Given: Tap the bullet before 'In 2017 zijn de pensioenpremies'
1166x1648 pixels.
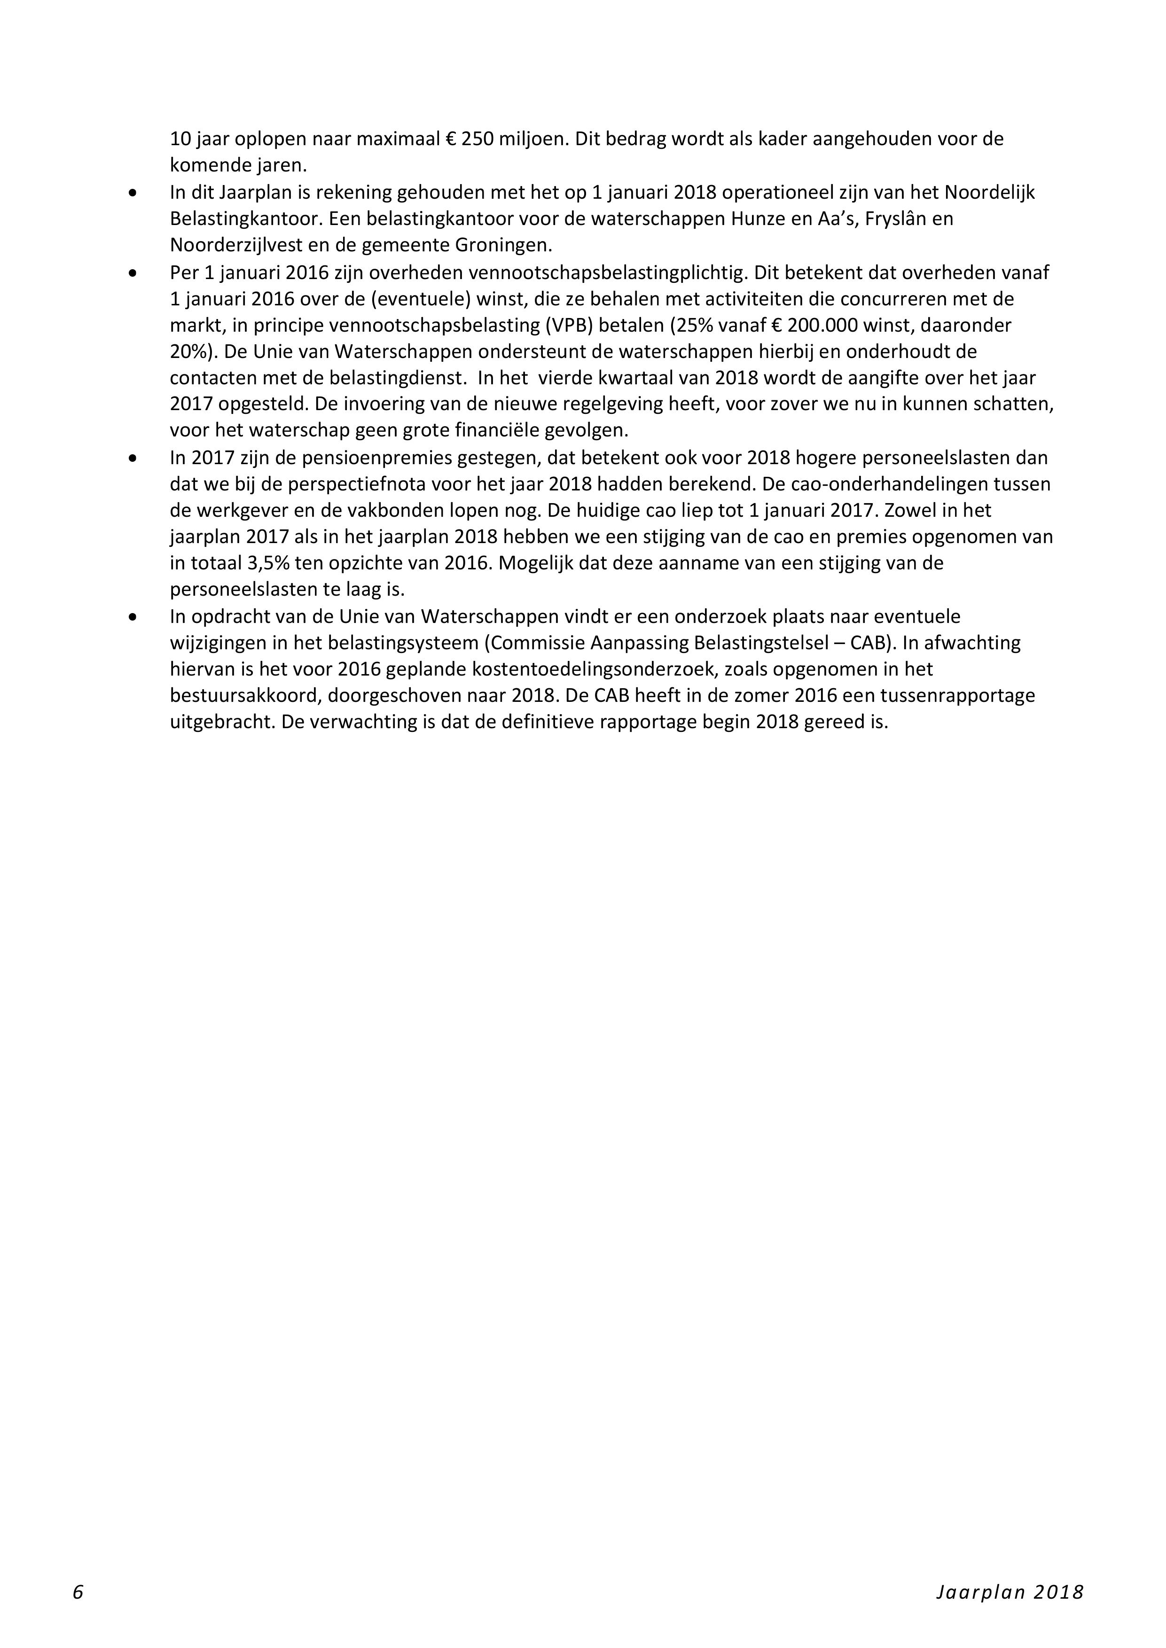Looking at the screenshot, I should pyautogui.click(x=132, y=458).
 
